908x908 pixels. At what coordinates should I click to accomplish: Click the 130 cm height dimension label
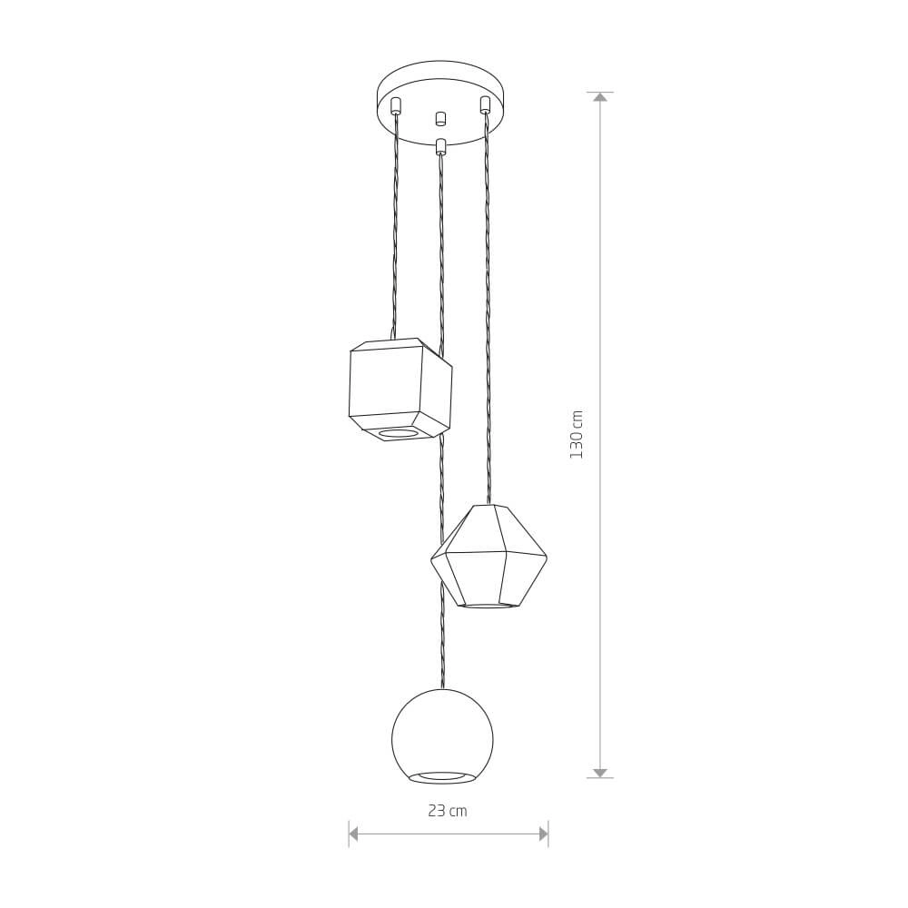pyautogui.click(x=577, y=434)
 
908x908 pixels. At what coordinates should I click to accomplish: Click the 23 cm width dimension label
pyautogui.click(x=448, y=811)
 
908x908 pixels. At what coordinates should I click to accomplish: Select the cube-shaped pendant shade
pyautogui.click(x=400, y=389)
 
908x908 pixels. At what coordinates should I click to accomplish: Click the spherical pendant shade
pyautogui.click(x=442, y=735)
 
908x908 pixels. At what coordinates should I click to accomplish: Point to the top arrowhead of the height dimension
pyautogui.click(x=600, y=97)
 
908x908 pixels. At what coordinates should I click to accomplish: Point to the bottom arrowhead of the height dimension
pyautogui.click(x=600, y=773)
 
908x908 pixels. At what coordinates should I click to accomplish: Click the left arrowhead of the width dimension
pyautogui.click(x=354, y=834)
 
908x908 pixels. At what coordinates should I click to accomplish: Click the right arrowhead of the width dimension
pyautogui.click(x=543, y=834)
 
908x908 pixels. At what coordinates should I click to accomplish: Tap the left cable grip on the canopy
pyautogui.click(x=395, y=105)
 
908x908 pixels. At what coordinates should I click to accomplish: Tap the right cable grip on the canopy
pyautogui.click(x=485, y=104)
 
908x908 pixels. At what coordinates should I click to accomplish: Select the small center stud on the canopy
pyautogui.click(x=440, y=118)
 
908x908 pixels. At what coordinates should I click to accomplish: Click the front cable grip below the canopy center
pyautogui.click(x=441, y=146)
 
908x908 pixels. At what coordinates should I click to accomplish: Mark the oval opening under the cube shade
pyautogui.click(x=399, y=433)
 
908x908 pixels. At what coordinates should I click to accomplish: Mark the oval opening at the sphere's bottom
pyautogui.click(x=442, y=776)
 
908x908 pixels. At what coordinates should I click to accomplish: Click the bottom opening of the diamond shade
pyautogui.click(x=489, y=606)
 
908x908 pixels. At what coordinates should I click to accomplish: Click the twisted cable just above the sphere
pyautogui.click(x=442, y=667)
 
